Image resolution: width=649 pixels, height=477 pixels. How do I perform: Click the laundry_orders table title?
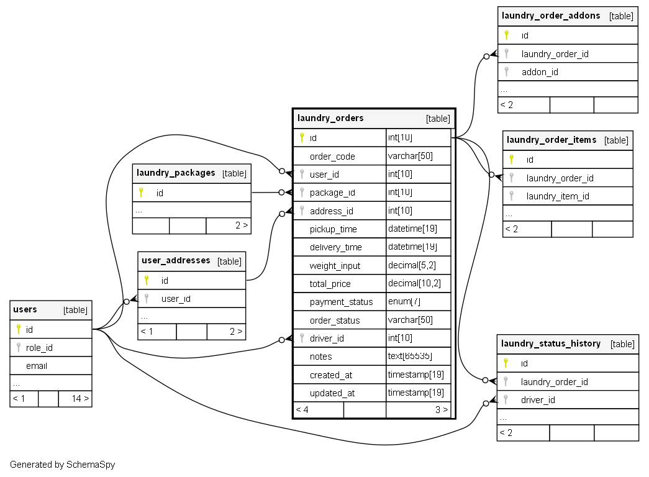330,118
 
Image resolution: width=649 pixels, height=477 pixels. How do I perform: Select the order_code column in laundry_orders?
332,156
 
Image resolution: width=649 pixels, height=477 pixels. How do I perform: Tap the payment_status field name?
341,302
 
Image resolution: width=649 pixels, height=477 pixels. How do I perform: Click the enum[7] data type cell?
404,302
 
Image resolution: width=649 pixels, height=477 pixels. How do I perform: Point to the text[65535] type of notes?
410,357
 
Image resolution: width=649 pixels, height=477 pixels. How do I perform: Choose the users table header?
25,309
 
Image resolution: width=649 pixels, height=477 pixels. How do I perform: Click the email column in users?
37,366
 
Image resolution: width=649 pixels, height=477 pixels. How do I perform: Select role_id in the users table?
39,348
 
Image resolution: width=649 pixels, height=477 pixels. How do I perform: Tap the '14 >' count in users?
80,398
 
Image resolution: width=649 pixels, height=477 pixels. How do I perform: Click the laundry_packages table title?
176,173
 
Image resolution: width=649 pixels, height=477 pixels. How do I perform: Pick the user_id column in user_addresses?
176,299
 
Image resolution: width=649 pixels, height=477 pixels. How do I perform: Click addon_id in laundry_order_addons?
540,72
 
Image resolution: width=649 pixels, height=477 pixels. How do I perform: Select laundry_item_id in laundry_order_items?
558,196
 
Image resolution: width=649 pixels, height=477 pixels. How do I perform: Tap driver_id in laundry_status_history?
538,400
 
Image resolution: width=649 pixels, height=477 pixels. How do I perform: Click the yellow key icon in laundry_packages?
141,193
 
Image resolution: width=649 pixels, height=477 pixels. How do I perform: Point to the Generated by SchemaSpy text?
63,465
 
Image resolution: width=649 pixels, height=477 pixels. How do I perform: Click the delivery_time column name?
335,247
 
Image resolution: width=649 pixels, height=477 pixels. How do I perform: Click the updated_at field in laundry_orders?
332,393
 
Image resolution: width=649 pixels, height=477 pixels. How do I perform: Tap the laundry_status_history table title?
550,343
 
